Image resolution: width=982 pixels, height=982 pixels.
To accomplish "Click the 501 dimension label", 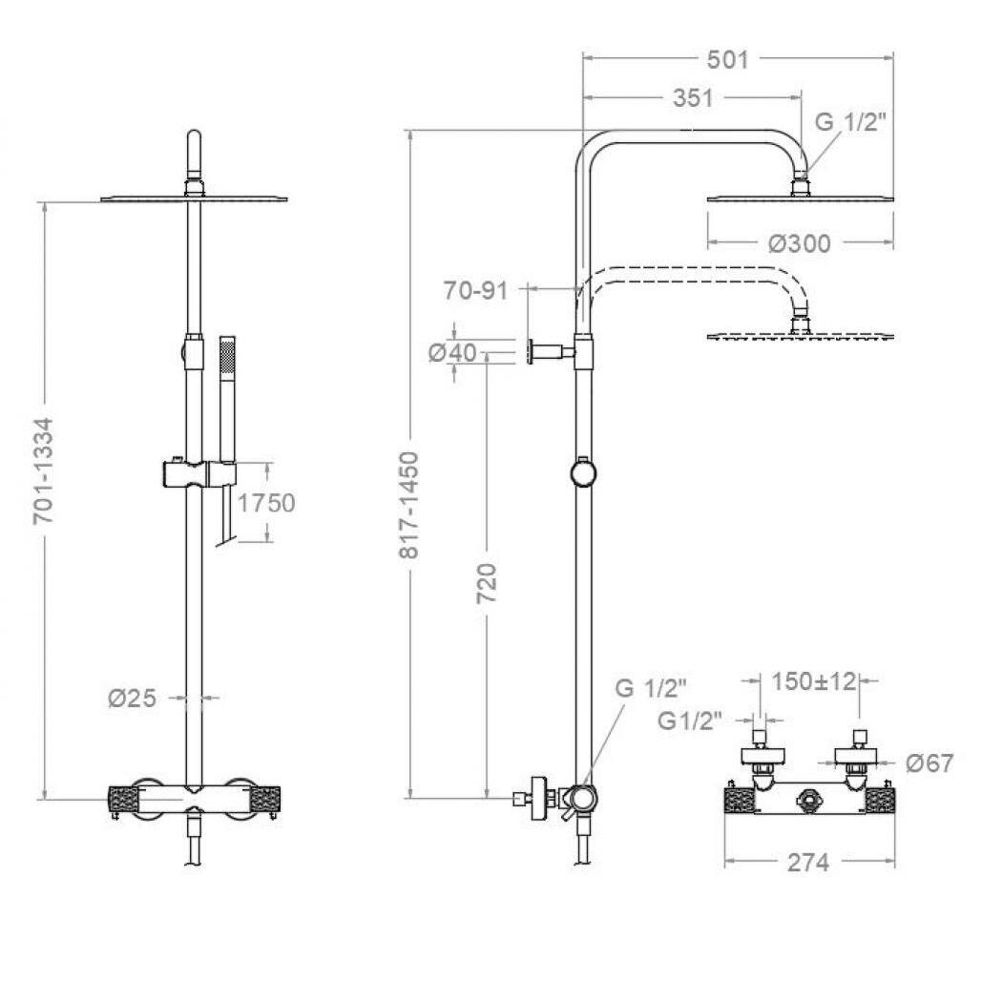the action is click(728, 59).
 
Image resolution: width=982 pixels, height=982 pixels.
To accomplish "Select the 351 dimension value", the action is click(693, 98).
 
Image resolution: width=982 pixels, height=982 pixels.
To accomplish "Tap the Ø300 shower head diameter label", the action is click(800, 243).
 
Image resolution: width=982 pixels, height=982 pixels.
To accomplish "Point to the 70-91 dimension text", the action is click(476, 290).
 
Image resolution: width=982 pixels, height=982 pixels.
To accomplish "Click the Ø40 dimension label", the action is click(452, 352).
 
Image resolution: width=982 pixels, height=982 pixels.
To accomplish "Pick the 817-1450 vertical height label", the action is click(409, 504).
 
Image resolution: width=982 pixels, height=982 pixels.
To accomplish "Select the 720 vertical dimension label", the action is click(487, 583).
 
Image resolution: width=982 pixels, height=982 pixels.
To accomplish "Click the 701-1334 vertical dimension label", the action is click(45, 471).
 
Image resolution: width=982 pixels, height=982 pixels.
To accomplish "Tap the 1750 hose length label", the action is click(266, 503).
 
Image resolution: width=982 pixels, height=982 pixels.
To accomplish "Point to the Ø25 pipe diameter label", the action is click(132, 698).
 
